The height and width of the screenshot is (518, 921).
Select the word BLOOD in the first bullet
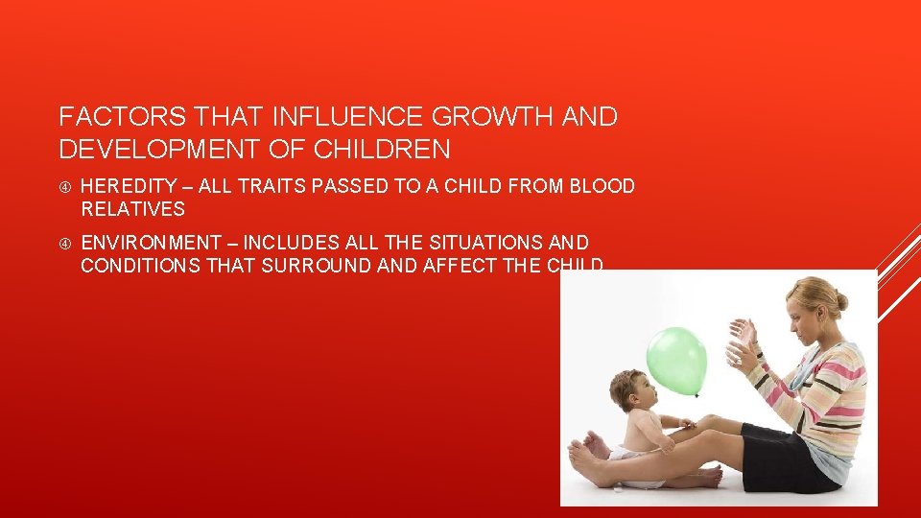[x=602, y=186]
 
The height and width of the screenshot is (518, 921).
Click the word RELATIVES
[x=132, y=209]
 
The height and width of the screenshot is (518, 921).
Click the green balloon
[x=678, y=360]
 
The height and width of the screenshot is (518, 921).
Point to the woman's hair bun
[x=841, y=300]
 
